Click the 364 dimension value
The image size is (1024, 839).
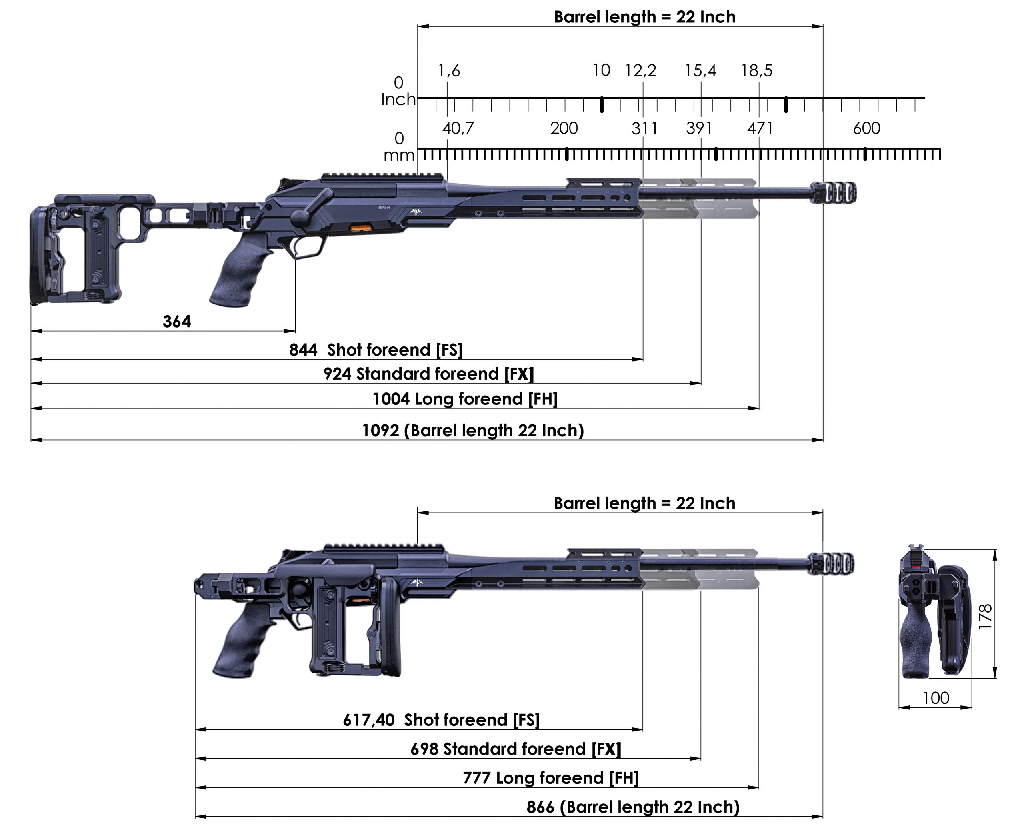pos(176,321)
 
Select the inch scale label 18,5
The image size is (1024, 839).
pos(757,71)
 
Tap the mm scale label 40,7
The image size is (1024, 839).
pos(458,128)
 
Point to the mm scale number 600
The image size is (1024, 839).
pos(866,128)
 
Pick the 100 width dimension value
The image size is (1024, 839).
pos(936,698)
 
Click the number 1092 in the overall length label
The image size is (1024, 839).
pos(381,431)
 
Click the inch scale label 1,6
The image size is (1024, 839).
pos(449,71)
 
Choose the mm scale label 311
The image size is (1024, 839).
pos(644,128)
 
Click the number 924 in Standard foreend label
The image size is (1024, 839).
pos(337,374)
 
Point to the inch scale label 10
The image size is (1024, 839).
pos(602,70)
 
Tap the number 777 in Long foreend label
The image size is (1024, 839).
pos(476,778)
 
